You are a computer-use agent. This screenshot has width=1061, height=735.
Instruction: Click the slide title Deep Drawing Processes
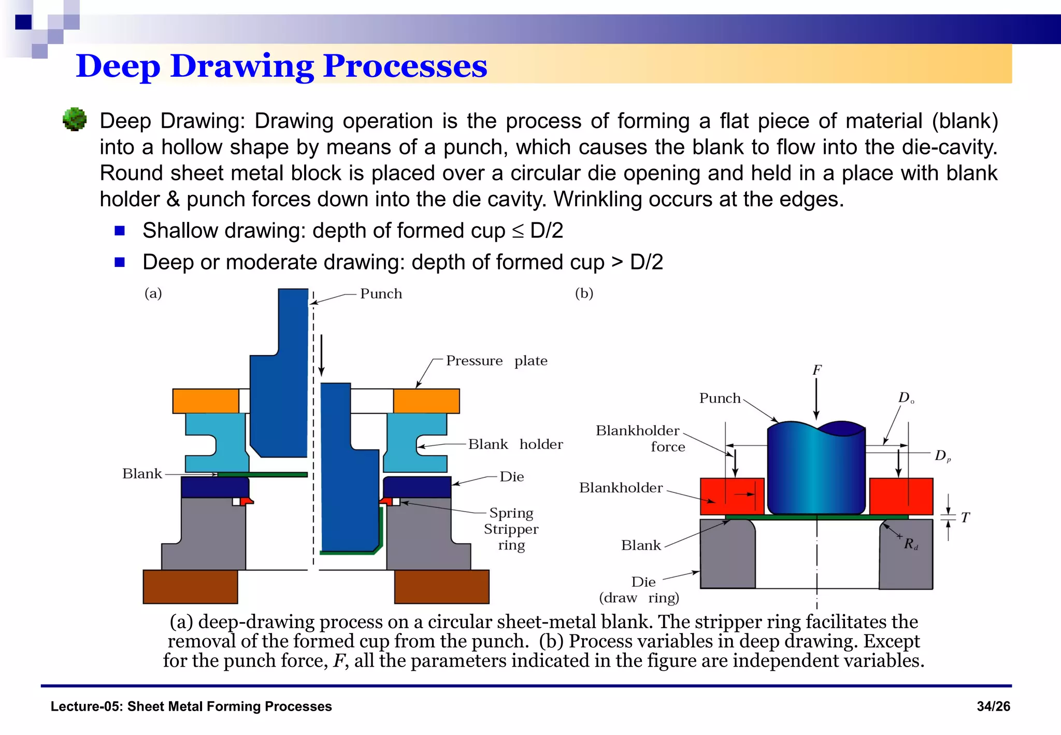pos(281,66)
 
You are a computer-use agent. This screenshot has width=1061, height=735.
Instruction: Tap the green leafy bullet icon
pos(75,119)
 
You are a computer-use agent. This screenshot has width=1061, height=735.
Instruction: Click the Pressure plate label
pos(496,361)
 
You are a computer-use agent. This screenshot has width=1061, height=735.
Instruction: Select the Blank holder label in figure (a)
pos(515,444)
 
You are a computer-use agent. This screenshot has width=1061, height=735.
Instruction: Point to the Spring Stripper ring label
pos(511,529)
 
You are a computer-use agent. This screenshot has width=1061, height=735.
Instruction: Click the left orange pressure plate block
pos(206,401)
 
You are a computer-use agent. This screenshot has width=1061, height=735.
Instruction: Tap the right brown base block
pos(441,586)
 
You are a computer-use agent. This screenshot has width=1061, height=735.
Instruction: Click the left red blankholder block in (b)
pos(732,496)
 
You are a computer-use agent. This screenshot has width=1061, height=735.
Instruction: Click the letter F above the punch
pos(816,370)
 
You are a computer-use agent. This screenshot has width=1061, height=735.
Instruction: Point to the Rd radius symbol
pos(910,544)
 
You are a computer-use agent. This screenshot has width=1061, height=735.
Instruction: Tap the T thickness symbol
pos(965,517)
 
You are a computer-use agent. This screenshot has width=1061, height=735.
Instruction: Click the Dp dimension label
pos(942,456)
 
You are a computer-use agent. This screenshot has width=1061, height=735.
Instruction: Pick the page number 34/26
pos(993,706)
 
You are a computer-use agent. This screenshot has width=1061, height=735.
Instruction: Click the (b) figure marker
pos(584,293)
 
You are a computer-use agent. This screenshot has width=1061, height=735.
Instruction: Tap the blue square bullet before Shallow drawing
pos(120,231)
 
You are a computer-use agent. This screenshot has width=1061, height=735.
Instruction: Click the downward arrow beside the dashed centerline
pos(322,355)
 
